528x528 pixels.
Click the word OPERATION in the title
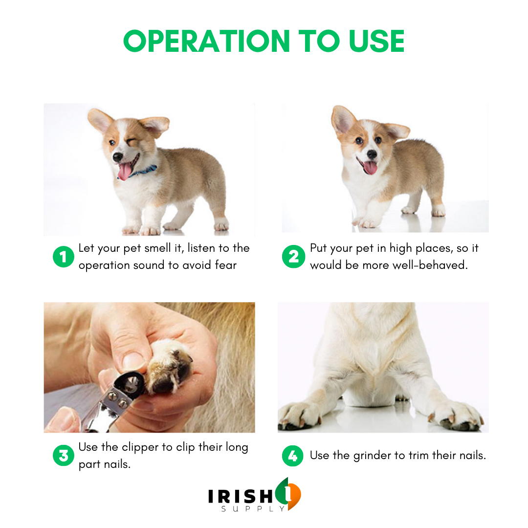tap(206, 41)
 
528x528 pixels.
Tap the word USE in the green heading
tap(376, 41)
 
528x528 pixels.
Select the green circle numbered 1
tap(63, 257)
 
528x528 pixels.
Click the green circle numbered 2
tap(293, 257)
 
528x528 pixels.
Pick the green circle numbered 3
tap(63, 456)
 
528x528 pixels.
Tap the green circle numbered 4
tap(293, 456)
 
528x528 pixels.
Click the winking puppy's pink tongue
tap(125, 172)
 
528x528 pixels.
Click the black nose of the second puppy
tap(372, 154)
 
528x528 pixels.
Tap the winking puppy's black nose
tap(117, 157)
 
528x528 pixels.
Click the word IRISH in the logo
tap(241, 496)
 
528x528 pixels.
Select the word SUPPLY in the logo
tap(253, 509)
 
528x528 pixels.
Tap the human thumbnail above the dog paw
tap(132, 360)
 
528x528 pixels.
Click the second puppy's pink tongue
tap(370, 168)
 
